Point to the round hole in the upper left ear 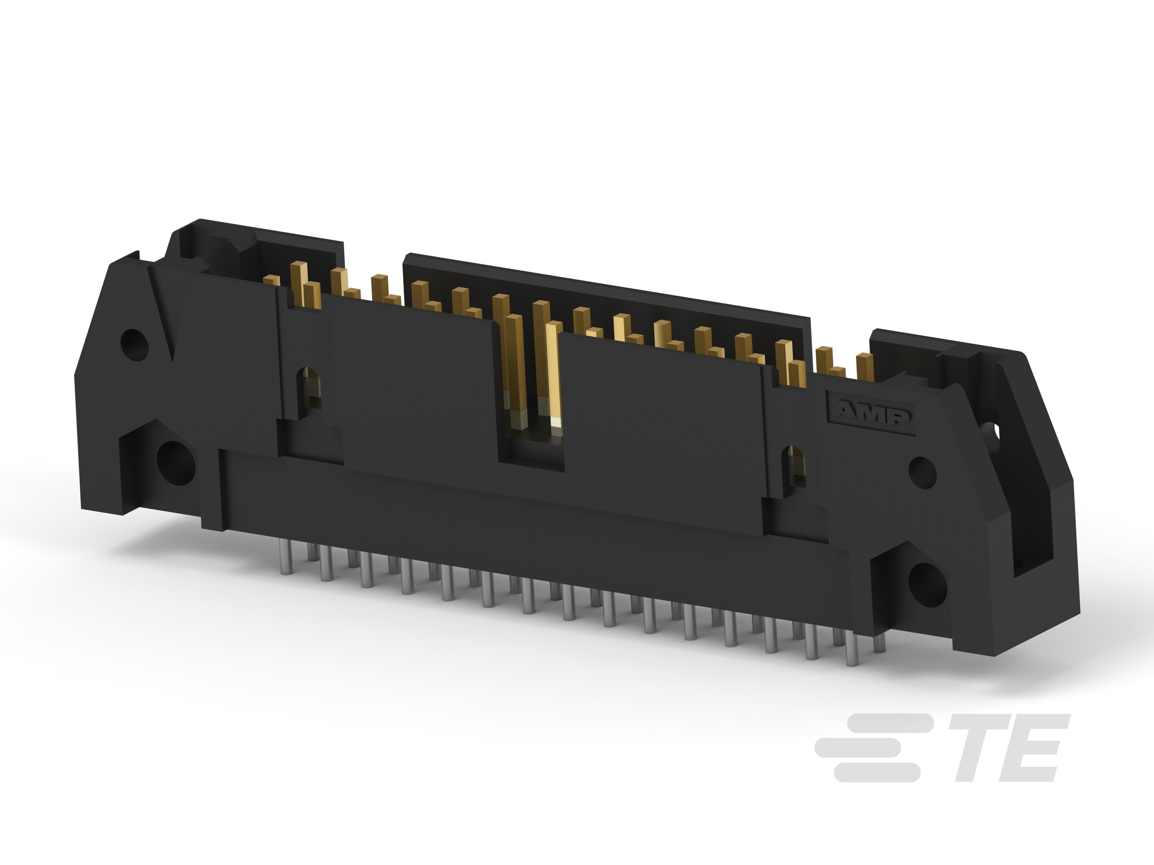pos(134,344)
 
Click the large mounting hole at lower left pos(176,463)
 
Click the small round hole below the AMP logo pos(922,472)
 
